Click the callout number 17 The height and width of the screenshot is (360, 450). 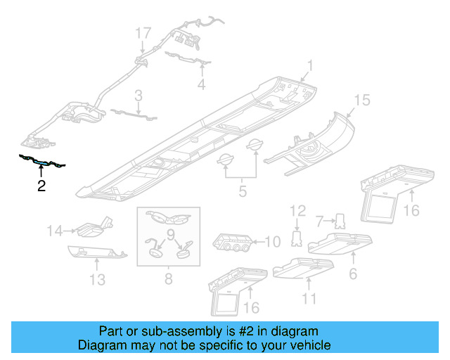[x=143, y=33]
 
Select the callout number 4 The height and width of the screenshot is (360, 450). [x=202, y=85]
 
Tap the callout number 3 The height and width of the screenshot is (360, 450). [x=139, y=95]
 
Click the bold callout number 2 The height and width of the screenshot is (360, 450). [x=41, y=186]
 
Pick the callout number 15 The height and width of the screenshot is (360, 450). [x=361, y=101]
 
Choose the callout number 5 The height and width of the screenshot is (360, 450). [x=243, y=189]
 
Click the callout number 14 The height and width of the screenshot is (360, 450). [x=56, y=229]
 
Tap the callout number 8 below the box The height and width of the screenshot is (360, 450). [x=169, y=279]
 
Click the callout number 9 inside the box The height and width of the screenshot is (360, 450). [x=169, y=234]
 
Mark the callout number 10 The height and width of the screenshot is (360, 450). [x=272, y=242]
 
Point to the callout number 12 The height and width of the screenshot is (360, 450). [x=298, y=210]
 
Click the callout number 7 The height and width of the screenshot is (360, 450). [x=319, y=221]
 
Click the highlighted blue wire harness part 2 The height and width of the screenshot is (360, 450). [x=42, y=163]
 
